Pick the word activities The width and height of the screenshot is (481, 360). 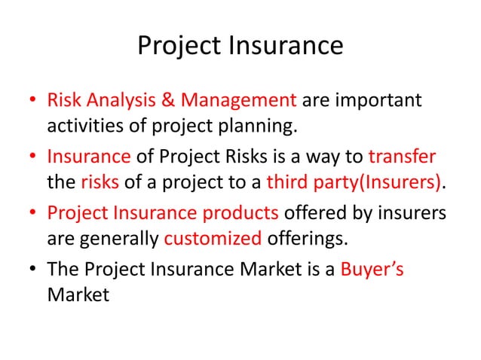[88, 125]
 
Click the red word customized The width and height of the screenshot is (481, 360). [213, 239]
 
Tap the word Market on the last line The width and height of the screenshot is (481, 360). [78, 295]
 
